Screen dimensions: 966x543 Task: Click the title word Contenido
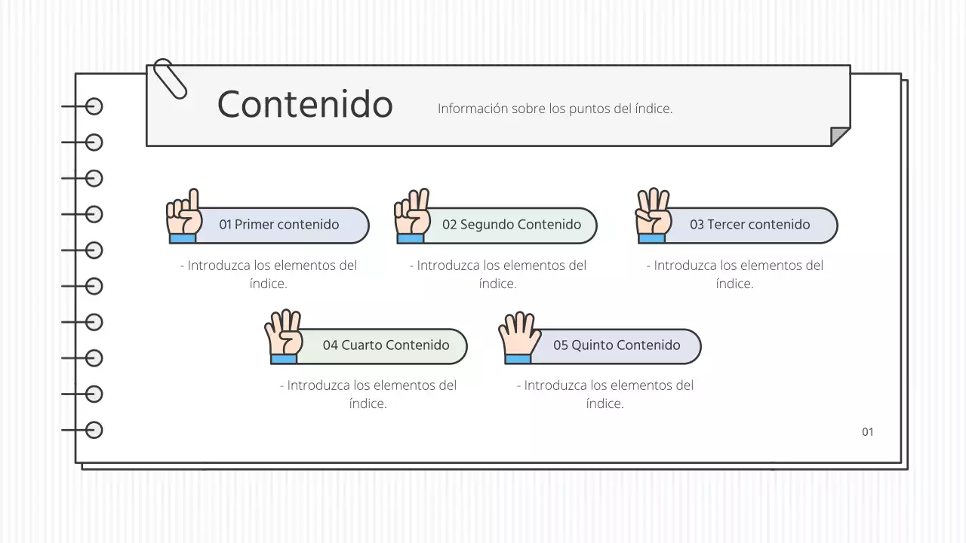(x=305, y=104)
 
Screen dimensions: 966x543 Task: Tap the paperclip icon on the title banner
(x=170, y=78)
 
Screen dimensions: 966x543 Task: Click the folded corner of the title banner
(x=840, y=137)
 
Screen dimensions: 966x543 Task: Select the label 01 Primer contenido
(x=279, y=225)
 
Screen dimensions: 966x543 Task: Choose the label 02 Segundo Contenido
(x=512, y=225)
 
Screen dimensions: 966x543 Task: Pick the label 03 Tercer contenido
(x=749, y=225)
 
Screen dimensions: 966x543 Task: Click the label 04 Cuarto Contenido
(x=386, y=345)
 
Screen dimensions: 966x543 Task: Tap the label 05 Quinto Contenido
(x=617, y=345)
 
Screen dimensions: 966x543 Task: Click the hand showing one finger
(x=183, y=216)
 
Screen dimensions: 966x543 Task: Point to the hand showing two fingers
(x=412, y=216)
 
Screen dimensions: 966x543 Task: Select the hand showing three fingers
(x=653, y=216)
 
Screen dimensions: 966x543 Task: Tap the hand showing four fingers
(x=283, y=336)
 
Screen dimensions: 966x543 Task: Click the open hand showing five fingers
(x=518, y=336)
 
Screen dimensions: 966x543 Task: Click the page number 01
(x=868, y=432)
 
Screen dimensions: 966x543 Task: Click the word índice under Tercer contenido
(x=734, y=284)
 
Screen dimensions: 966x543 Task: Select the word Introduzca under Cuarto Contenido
(x=318, y=385)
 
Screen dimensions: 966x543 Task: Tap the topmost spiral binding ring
(x=94, y=106)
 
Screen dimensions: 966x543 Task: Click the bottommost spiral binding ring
(x=94, y=430)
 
